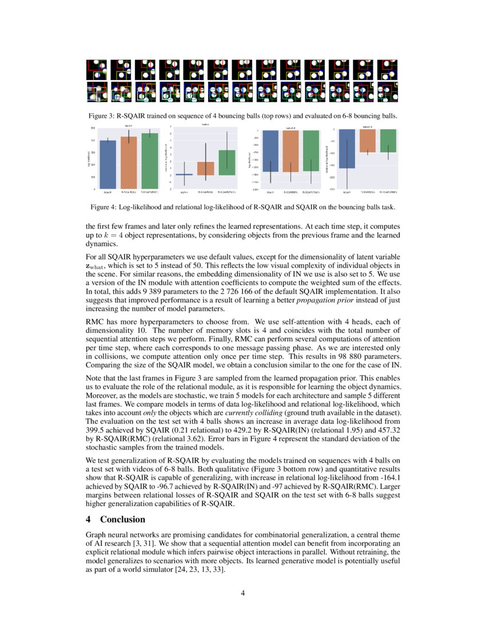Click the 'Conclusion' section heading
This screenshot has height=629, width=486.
pyautogui.click(x=122, y=519)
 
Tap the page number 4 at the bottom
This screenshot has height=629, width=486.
pyautogui.click(x=243, y=592)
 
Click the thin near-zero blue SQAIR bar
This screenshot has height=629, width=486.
pyautogui.click(x=184, y=174)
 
